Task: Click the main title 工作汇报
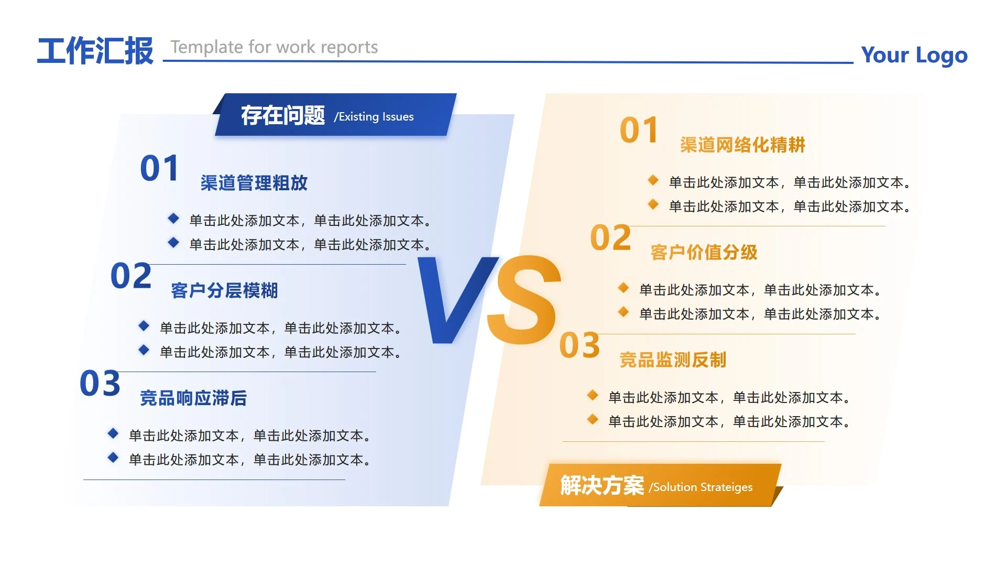pos(95,51)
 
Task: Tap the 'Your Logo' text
pos(914,55)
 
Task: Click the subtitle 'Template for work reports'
pos(274,47)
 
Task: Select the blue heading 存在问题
pos(282,115)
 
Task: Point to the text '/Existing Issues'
pos(374,117)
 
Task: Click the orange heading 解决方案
pos(602,485)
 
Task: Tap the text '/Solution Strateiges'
pos(701,487)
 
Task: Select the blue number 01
pos(160,169)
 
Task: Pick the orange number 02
pos(611,238)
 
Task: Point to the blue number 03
pos(100,384)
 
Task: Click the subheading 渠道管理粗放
pos(254,183)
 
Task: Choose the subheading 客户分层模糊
pos(224,290)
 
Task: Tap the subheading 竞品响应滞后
pos(193,398)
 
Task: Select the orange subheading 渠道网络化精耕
pos(742,145)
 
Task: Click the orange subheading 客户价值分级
pos(704,253)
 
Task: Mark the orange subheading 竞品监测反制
pos(673,360)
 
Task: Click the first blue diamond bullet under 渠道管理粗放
pos(173,219)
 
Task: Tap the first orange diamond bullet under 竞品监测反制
pos(593,395)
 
